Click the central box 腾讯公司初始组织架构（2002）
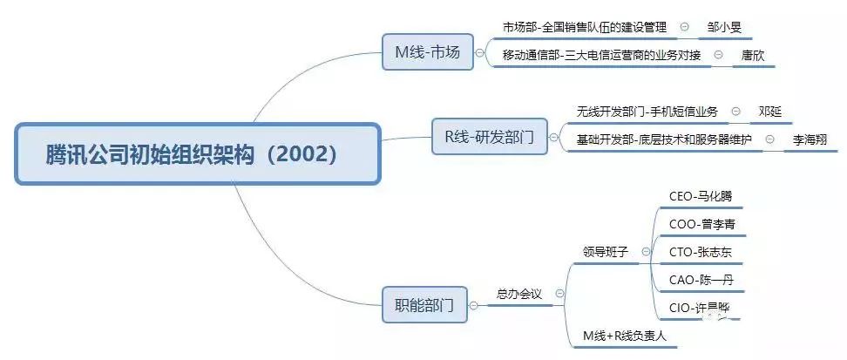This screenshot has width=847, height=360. click(197, 154)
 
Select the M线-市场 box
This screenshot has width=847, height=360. click(428, 52)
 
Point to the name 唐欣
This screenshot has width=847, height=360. click(753, 56)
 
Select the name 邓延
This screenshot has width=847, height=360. click(770, 112)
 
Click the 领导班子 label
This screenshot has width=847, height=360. click(606, 252)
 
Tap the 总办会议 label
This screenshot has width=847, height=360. click(518, 295)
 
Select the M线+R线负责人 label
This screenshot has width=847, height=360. click(626, 335)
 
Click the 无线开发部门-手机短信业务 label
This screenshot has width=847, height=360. click(647, 112)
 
